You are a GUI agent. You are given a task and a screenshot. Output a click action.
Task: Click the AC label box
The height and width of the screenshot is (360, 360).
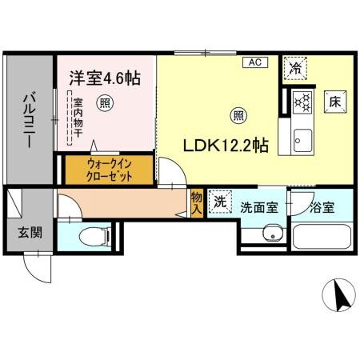pos(254,62)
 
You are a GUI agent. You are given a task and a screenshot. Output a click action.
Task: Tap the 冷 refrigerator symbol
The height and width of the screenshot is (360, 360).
pos(295,69)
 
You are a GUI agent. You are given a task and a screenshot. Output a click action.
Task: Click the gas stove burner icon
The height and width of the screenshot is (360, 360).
pos(303,102)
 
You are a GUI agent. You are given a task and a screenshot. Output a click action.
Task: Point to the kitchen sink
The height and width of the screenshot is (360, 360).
pos(303,140)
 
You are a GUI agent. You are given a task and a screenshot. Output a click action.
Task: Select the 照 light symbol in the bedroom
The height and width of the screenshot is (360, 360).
pos(104,102)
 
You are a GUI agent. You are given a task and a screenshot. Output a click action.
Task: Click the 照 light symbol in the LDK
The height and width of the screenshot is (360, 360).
pos(238,114)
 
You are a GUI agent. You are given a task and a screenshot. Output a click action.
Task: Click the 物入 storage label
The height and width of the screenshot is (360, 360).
pos(196,202)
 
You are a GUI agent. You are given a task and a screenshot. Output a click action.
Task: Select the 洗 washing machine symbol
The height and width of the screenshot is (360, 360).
pos(219,202)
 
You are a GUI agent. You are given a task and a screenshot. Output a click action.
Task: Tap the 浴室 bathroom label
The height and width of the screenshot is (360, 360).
pos(322,206)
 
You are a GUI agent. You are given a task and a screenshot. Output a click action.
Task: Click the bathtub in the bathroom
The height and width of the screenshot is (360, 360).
pos(322,237)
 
